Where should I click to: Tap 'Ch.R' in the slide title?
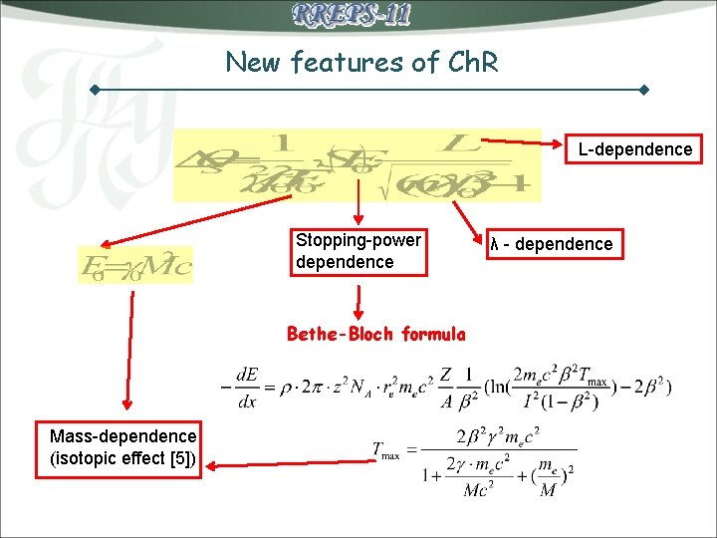click(x=465, y=62)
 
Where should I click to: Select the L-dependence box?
click(x=634, y=149)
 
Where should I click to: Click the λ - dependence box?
click(x=551, y=244)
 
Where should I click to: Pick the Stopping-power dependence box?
click(x=358, y=251)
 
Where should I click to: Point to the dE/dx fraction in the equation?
click(x=247, y=385)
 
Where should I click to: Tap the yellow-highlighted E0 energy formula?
click(x=135, y=265)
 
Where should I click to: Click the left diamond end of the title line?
click(x=96, y=91)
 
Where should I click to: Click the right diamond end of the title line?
click(x=643, y=91)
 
